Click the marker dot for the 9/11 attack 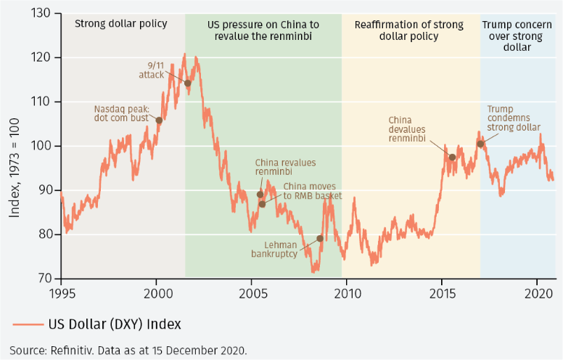[x=187, y=83]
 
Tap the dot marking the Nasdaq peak [x=160, y=120]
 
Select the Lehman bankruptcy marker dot [x=320, y=238]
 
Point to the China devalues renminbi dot [x=452, y=157]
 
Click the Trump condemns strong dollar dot [x=480, y=144]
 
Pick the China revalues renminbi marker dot [x=260, y=194]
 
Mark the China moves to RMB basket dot [x=262, y=204]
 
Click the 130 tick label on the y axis [x=42, y=14]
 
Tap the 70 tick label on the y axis [x=45, y=279]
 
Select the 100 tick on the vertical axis [x=42, y=146]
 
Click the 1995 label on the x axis [x=61, y=293]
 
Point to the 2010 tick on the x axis [x=346, y=293]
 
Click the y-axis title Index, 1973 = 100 [x=15, y=146]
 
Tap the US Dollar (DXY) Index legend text [x=115, y=324]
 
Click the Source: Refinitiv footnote [x=128, y=350]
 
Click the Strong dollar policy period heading [x=121, y=24]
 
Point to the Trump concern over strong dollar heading [x=517, y=36]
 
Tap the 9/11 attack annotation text [x=155, y=69]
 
